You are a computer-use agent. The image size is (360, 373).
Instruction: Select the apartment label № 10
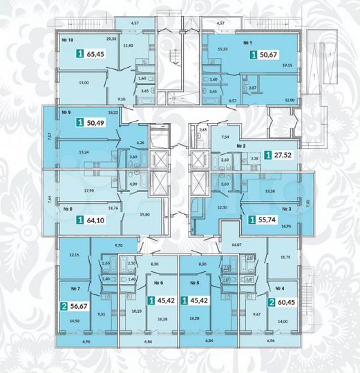tap(67, 40)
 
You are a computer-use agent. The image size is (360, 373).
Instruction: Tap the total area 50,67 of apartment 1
tap(269, 52)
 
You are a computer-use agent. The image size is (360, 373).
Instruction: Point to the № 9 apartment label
tap(67, 111)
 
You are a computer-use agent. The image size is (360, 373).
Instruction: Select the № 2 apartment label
tap(242, 146)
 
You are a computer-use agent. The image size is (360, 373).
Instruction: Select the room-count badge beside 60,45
tap(273, 302)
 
